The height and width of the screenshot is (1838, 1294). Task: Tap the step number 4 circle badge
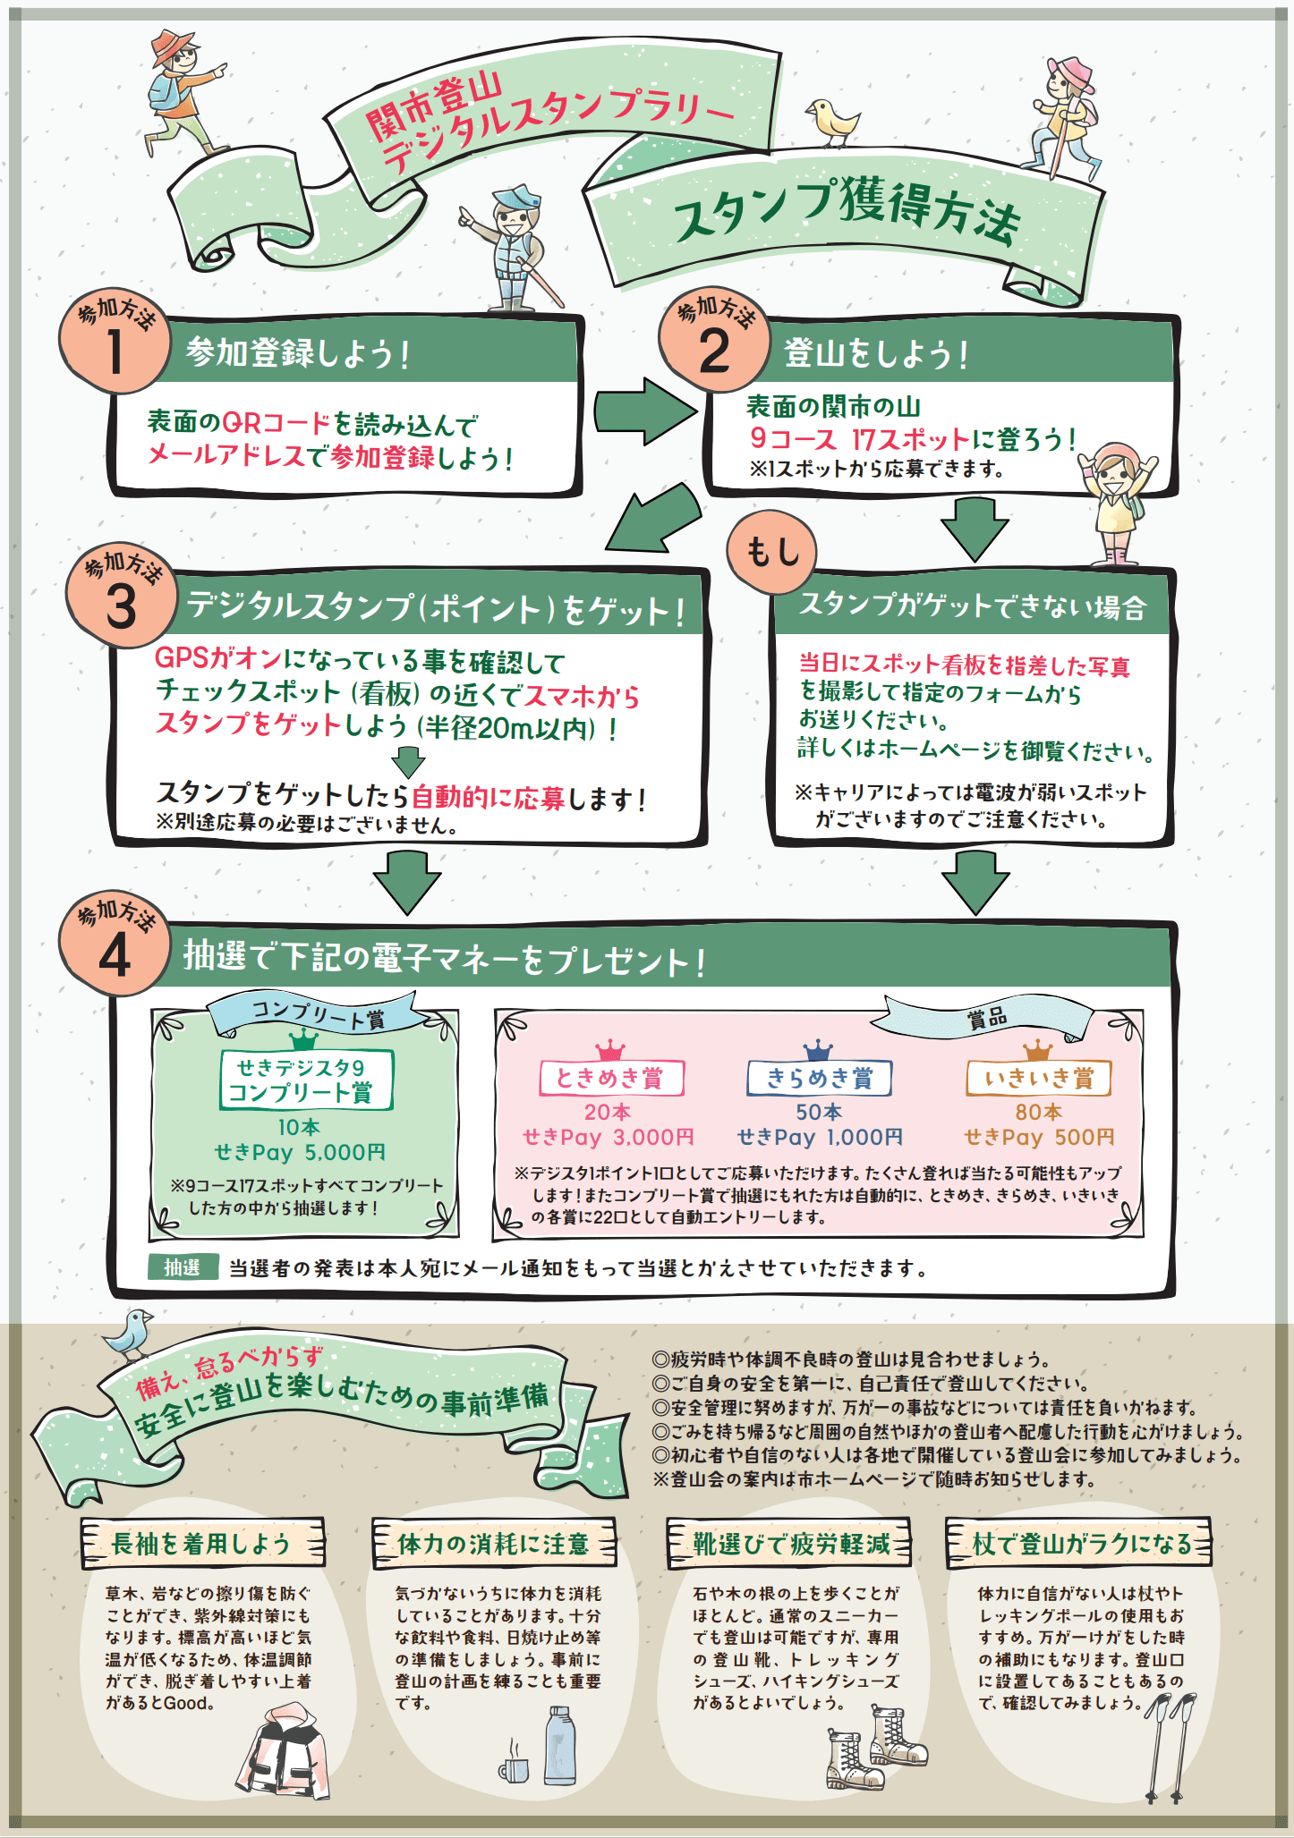tap(115, 947)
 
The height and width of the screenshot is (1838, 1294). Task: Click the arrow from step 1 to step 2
tap(645, 411)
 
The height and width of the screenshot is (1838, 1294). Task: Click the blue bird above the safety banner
tap(131, 1334)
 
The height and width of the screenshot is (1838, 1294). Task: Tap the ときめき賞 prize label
tap(611, 1078)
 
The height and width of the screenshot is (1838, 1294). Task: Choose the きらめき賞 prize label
tap(819, 1078)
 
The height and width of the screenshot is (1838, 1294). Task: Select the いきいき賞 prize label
tap(1038, 1078)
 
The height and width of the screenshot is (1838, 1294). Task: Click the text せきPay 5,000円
tap(300, 1152)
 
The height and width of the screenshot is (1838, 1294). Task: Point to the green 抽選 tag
tap(183, 1267)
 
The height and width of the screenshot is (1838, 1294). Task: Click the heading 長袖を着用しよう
tap(201, 1543)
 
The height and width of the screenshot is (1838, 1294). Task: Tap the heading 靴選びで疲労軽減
tap(789, 1543)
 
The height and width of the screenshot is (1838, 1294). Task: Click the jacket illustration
tap(285, 1754)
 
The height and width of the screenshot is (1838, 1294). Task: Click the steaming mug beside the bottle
tap(515, 1766)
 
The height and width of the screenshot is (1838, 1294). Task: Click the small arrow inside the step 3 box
tap(408, 762)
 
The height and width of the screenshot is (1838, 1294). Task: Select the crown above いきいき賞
tap(1037, 1048)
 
